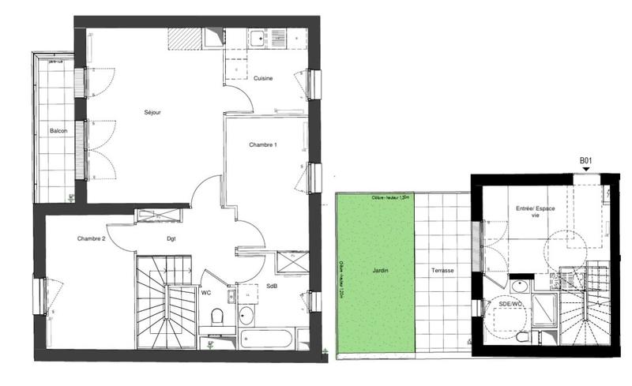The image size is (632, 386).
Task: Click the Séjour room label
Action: pos(152,113)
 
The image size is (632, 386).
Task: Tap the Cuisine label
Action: pos(264,77)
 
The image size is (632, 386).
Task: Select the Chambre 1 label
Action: pos(263,144)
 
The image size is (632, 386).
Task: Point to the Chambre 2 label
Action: pos(92,238)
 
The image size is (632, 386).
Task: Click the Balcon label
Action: pos(58,130)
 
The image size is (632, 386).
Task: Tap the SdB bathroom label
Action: pos(271,285)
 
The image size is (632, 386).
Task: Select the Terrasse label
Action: pos(442,271)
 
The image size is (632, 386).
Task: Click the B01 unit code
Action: pos(586,161)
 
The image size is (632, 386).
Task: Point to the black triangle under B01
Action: pos(586,171)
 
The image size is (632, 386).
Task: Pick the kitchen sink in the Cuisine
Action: pos(258,36)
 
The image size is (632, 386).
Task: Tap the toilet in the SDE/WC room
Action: pos(523,337)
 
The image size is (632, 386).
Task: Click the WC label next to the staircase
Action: pos(205,293)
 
